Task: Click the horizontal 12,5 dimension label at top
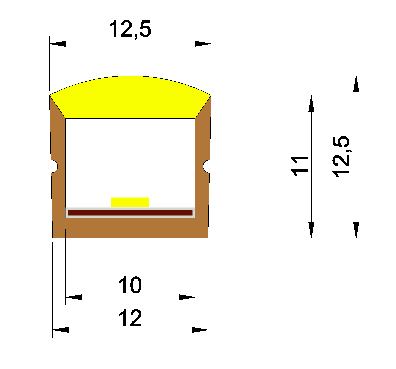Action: click(130, 29)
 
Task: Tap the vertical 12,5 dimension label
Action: click(341, 157)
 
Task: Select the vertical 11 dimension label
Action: click(299, 166)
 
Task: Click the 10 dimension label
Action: click(130, 285)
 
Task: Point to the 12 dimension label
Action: click(130, 318)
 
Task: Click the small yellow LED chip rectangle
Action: click(130, 202)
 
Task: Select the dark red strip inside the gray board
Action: click(130, 213)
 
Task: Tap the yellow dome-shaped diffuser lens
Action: click(130, 97)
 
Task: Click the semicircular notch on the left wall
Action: click(54, 166)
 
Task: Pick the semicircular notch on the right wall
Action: click(207, 166)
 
